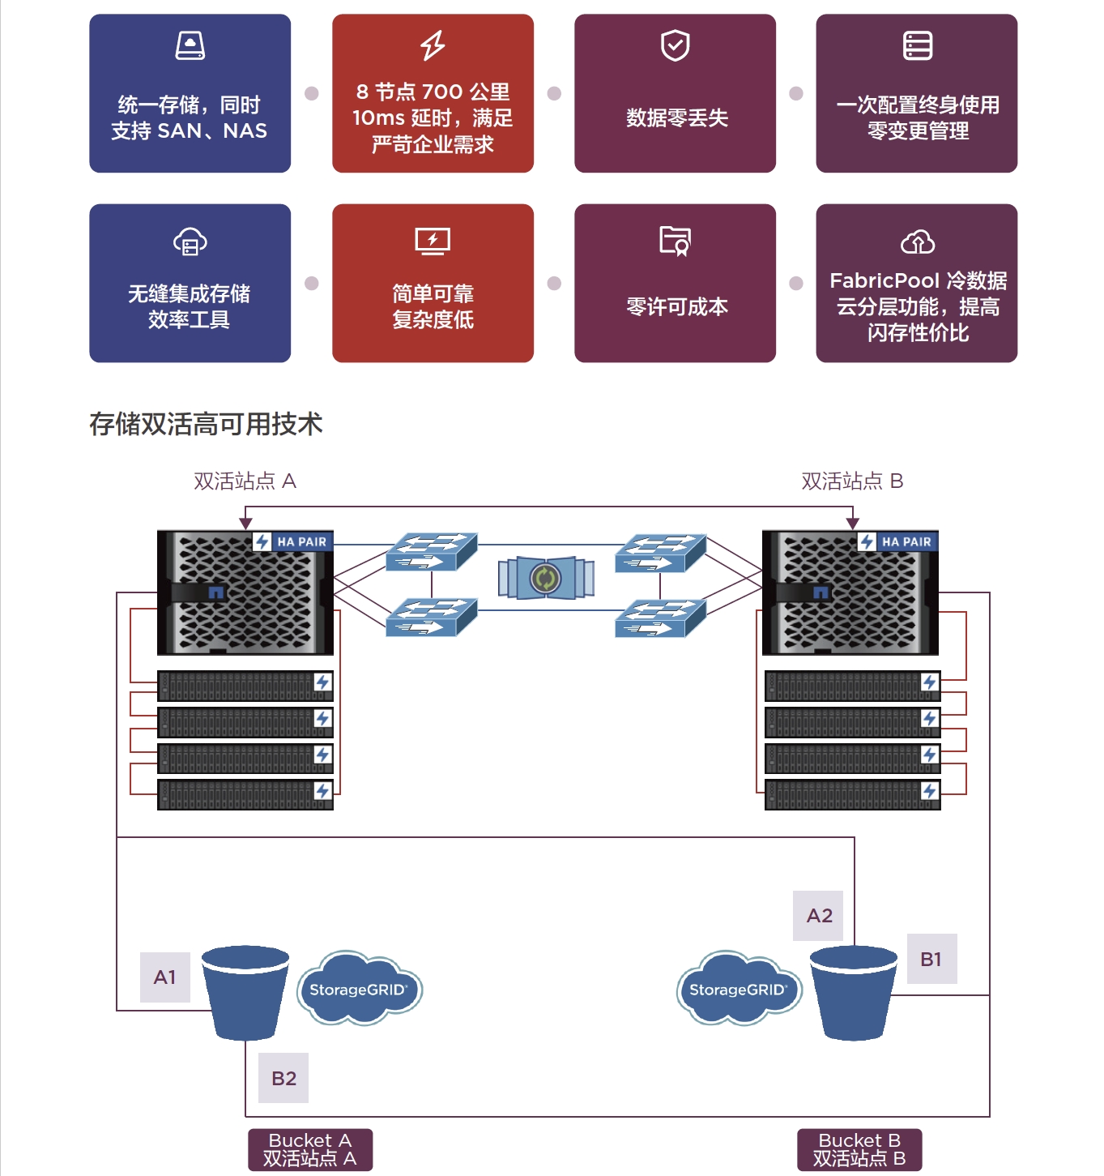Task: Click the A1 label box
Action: point(165,977)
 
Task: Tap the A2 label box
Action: point(819,916)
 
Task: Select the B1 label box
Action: point(931,959)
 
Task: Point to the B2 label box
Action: point(283,1078)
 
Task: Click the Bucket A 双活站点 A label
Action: point(310,1149)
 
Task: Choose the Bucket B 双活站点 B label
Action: point(859,1149)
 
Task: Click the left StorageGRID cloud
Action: point(359,989)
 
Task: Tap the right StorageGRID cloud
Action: point(739,989)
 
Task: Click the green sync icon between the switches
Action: point(545,578)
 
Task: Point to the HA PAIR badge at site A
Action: point(292,541)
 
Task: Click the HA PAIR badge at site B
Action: point(897,541)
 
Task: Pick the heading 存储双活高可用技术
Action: point(206,424)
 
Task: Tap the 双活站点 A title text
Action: point(245,481)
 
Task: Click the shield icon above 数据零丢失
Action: point(676,46)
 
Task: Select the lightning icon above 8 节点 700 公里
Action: point(433,45)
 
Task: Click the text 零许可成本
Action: point(676,306)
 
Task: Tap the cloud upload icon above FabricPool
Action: point(918,242)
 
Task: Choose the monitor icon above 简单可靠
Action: point(433,241)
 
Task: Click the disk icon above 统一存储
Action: point(190,45)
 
